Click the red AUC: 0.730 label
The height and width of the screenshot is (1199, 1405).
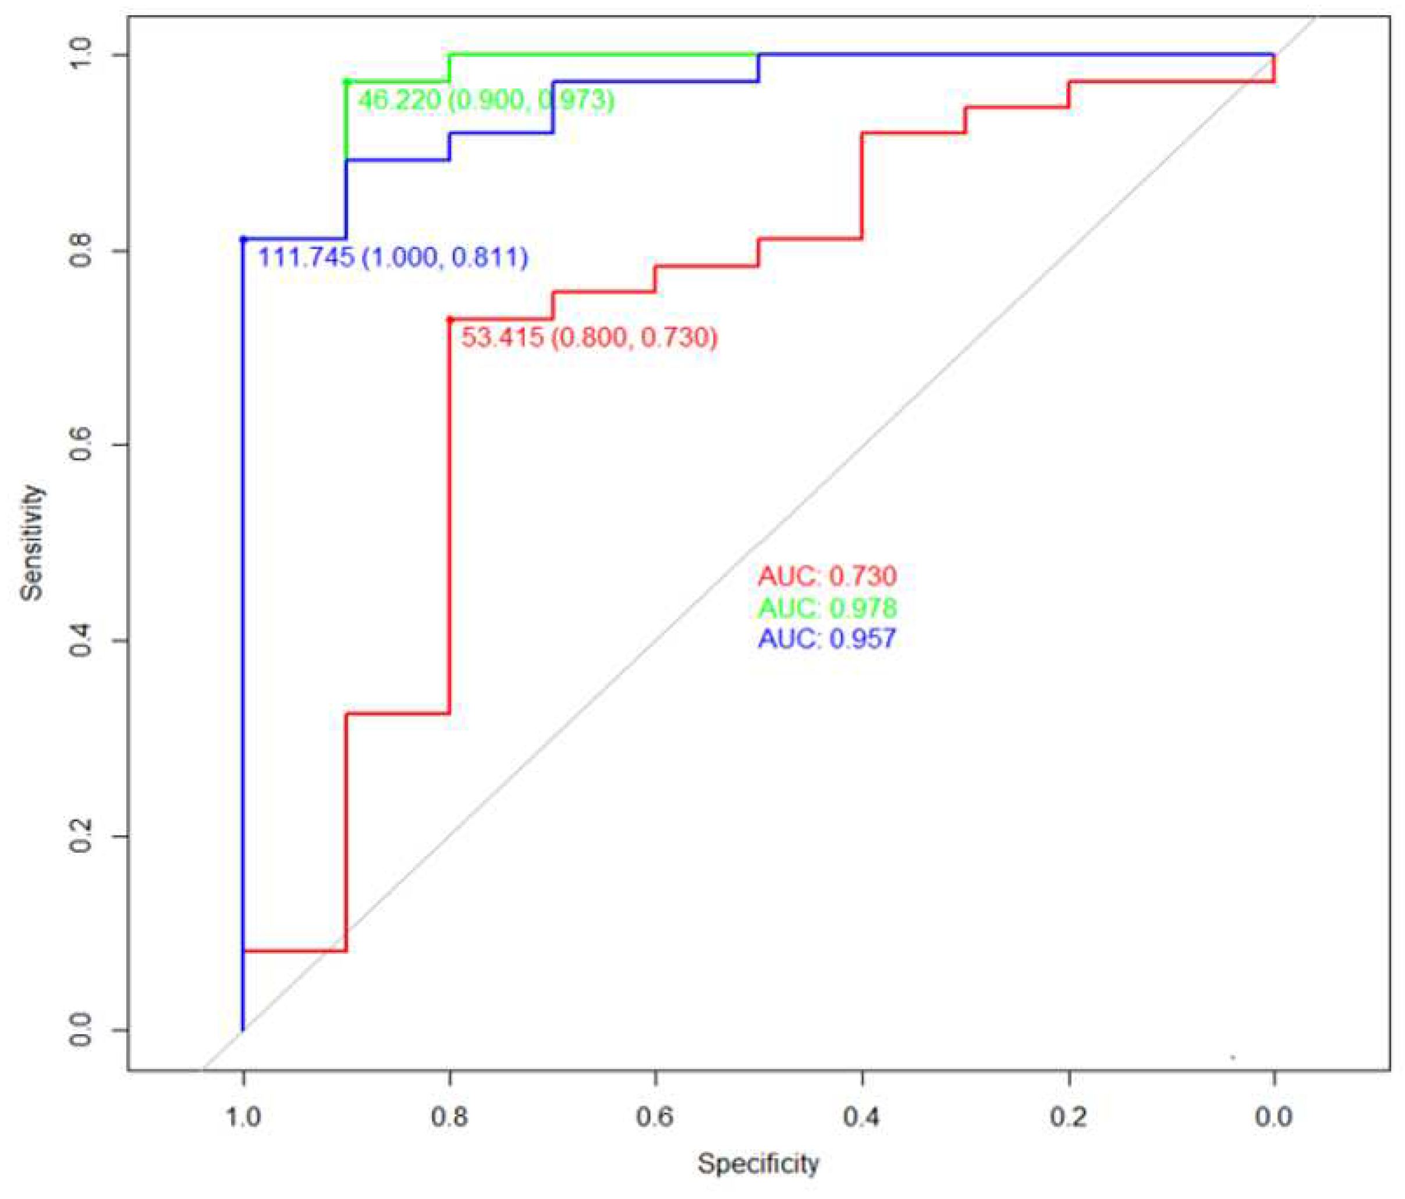[826, 576]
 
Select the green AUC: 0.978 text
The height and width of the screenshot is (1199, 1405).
[826, 607]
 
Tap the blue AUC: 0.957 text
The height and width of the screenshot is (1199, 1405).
[826, 638]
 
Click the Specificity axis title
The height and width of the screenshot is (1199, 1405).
[758, 1163]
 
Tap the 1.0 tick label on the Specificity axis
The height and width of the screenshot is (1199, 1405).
[243, 1116]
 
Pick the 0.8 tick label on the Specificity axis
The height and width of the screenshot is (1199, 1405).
[449, 1116]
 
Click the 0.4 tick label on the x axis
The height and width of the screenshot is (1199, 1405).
[861, 1116]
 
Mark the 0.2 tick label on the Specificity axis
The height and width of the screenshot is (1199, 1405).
[1069, 1116]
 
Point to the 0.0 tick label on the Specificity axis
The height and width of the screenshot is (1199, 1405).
[1273, 1116]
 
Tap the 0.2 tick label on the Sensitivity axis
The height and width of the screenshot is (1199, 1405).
[80, 835]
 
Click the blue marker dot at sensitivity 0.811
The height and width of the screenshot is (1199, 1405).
[243, 239]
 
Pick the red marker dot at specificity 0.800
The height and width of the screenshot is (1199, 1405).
[449, 319]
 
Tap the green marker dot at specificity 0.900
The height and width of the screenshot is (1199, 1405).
[346, 81]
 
